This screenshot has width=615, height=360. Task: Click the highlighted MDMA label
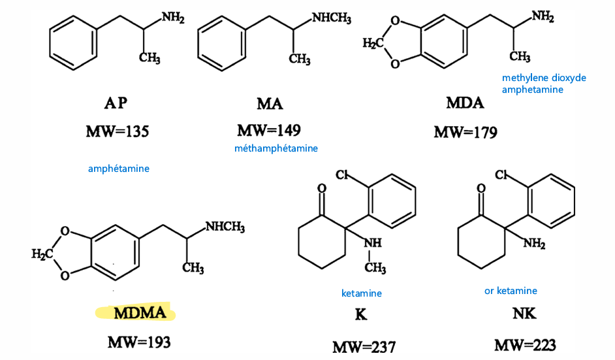[x=140, y=313]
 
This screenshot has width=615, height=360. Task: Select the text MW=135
[x=118, y=131]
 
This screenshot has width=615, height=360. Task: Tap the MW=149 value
[x=269, y=130]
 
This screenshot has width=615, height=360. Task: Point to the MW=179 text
[x=465, y=132]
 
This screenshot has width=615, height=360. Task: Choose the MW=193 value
[x=139, y=342]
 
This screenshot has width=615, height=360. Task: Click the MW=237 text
[x=364, y=347]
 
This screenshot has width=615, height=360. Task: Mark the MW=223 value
[x=525, y=346]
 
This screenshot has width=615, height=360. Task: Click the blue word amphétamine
[x=118, y=169]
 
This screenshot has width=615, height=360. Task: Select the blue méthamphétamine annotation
[x=276, y=148]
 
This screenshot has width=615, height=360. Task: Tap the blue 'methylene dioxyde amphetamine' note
[x=544, y=84]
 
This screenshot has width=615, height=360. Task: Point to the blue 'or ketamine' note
[x=511, y=291]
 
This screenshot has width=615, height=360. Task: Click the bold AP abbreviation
[x=116, y=103]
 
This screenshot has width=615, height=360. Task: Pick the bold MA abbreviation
[x=270, y=104]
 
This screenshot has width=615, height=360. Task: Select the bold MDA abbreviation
[x=465, y=103]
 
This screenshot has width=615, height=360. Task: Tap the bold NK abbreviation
[x=524, y=313]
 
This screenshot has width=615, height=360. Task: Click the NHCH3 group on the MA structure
[x=332, y=18]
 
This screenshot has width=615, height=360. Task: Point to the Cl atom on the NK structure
[x=501, y=174]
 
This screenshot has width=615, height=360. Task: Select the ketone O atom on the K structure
[x=322, y=188]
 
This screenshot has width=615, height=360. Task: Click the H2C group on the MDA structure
[x=372, y=42]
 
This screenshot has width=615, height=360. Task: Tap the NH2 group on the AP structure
[x=173, y=18]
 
